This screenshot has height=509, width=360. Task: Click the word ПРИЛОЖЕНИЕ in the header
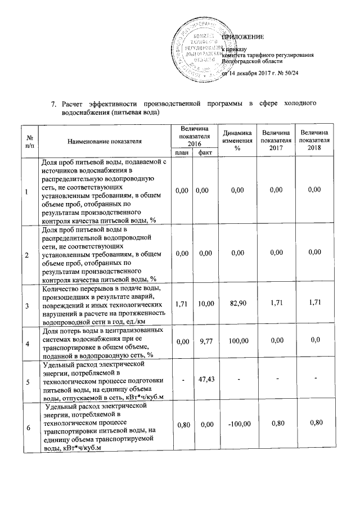pos(243,37)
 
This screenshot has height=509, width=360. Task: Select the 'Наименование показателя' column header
pos(105,141)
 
